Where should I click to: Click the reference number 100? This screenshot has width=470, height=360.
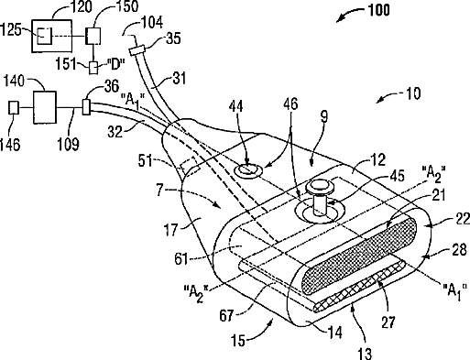click(378, 10)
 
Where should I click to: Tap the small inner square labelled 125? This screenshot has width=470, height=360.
click(45, 35)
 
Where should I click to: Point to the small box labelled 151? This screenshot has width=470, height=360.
click(93, 68)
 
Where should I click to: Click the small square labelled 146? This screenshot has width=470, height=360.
click(14, 107)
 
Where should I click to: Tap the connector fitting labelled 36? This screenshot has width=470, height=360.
click(86, 106)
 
